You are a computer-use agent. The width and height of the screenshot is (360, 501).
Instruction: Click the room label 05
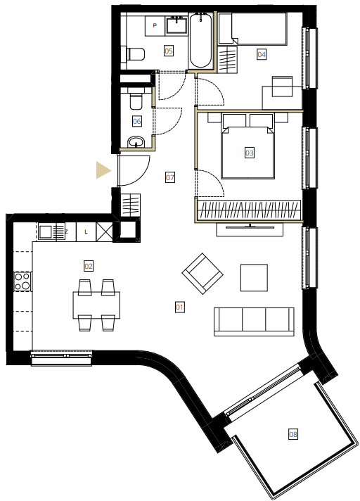[x=169, y=51]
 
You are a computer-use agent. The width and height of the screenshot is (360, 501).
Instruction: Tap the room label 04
[x=262, y=54]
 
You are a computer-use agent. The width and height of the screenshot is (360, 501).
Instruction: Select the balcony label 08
[x=293, y=434]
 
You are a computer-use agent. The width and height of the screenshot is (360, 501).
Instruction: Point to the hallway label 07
[x=170, y=177]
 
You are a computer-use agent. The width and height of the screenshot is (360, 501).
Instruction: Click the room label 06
[x=137, y=121]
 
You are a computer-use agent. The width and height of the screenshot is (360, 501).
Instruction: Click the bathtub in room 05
[x=200, y=40]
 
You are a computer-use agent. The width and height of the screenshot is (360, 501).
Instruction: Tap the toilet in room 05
[x=136, y=54]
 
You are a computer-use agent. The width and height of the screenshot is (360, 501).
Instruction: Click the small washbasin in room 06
[x=136, y=142]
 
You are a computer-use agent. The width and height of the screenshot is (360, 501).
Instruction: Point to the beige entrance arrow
[x=103, y=170]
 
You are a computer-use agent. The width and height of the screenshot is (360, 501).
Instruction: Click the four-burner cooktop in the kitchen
[x=22, y=281]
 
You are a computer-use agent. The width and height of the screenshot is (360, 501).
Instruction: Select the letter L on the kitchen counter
[x=86, y=232]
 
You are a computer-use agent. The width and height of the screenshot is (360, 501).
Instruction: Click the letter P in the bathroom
[x=155, y=25]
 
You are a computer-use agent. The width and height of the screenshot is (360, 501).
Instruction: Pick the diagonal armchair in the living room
[x=202, y=274]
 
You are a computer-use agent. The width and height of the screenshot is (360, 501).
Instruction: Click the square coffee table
[x=254, y=278]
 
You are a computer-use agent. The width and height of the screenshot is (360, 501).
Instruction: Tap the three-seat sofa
[x=254, y=322]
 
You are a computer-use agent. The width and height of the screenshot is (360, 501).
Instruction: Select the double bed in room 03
[x=248, y=146]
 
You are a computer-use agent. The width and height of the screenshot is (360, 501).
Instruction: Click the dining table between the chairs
[x=96, y=305]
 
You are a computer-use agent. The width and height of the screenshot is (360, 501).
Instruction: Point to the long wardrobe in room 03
[x=249, y=210]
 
